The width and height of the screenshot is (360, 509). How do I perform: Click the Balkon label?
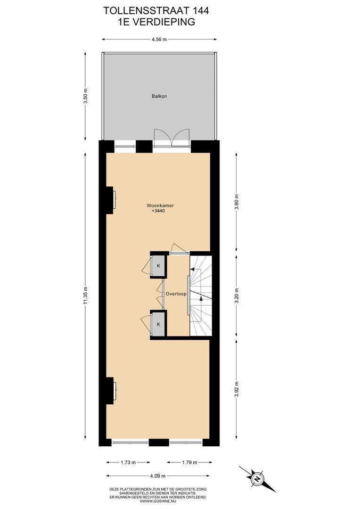159,96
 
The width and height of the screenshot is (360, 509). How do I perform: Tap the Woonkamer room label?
160,205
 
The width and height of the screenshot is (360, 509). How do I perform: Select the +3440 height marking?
160,211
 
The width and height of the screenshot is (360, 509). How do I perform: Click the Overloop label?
176,294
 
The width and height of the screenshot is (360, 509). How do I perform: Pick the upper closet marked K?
158,265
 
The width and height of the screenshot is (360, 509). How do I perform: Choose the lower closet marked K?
158,324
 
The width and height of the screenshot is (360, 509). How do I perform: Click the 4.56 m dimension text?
159,40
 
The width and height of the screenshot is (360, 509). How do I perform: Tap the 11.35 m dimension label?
85,295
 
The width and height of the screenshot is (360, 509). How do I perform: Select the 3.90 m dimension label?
237,202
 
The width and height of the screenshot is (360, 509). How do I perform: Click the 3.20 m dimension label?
237,296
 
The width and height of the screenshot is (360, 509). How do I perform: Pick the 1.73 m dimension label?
128,462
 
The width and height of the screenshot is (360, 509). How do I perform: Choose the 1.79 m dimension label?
189,462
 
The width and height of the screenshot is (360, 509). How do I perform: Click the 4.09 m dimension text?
158,476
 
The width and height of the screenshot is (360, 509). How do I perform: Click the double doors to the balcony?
172,139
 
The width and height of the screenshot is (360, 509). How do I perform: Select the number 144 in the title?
201,11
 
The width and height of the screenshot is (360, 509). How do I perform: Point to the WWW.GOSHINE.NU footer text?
158,501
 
